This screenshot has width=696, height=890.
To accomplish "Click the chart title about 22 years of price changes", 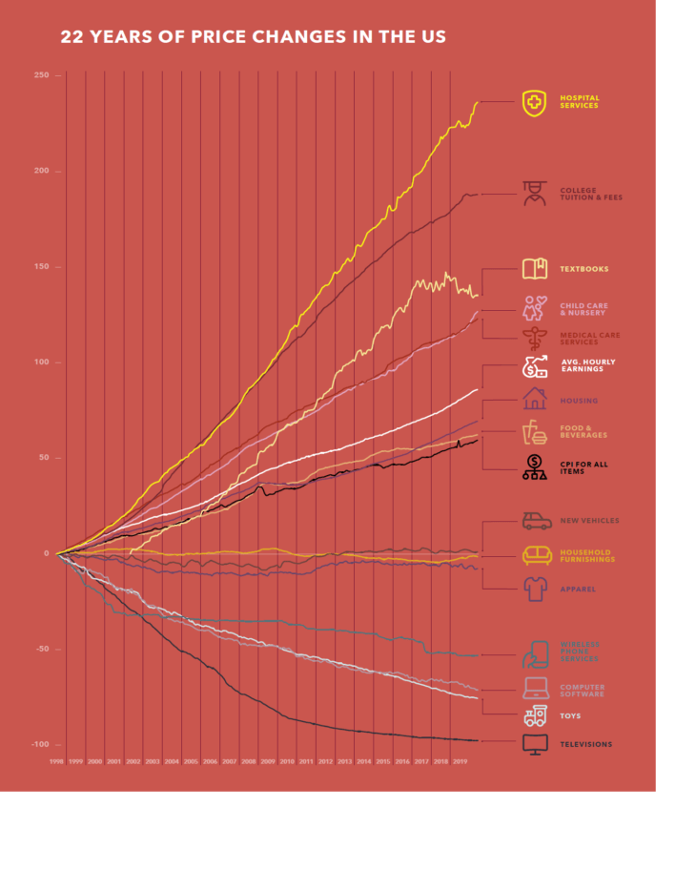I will pos(253,37).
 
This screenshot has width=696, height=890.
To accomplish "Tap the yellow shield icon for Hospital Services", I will pos(535,102).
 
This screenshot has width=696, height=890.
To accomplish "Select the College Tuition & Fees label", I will pos(590,194).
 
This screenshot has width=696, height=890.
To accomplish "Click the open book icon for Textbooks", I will pos(535,269).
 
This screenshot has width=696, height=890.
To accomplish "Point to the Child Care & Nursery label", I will pos(582,309).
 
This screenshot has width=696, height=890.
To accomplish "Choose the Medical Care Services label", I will pos(589,338).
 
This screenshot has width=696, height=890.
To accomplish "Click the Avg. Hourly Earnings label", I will pos(587,365).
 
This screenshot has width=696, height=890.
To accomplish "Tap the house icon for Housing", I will pos(535,399).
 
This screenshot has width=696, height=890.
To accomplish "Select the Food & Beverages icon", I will pos(534,433).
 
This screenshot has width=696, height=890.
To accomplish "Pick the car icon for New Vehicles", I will pos(536,521).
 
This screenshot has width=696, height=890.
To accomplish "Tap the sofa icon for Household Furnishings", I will pos(535,555).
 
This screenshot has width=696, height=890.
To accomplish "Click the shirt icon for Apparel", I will pos(535,589).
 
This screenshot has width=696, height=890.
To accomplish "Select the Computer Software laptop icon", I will pos(535,688).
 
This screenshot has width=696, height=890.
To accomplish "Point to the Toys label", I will pos(570,715).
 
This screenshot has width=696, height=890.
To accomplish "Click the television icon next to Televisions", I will pos(535,745).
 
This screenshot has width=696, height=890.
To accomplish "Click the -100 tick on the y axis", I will pos(42,744).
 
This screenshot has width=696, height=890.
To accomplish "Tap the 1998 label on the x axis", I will pos(57,762).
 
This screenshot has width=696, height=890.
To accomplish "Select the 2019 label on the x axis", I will pos(460,762).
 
